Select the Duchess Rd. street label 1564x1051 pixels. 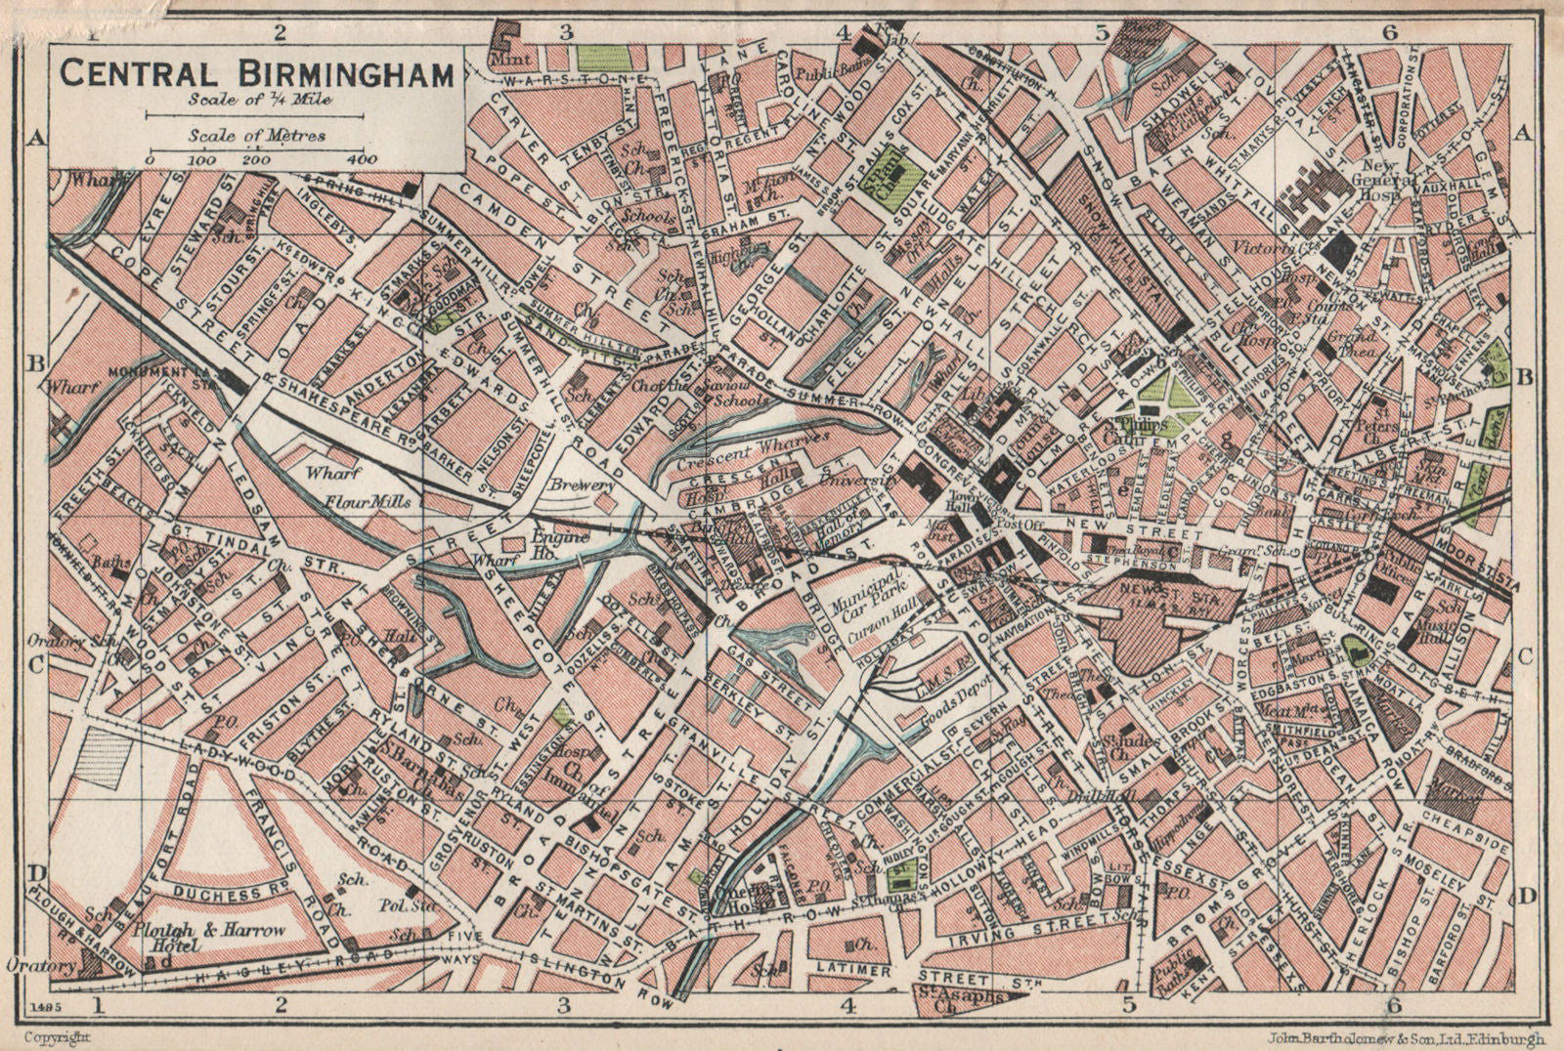pos(218,894)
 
